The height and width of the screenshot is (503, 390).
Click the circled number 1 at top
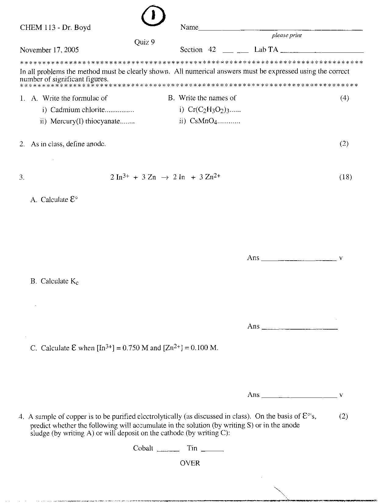[153, 16]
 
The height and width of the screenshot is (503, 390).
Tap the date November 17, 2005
[49, 50]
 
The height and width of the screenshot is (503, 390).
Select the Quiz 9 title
[144, 42]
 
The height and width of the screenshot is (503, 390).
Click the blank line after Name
[280, 29]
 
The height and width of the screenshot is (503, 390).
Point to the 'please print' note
[287, 35]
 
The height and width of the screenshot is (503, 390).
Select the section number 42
[212, 49]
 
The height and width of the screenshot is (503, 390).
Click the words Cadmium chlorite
[77, 110]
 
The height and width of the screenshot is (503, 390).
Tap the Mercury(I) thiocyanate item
[85, 121]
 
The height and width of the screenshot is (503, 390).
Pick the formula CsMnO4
[203, 121]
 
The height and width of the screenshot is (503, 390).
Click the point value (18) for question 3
[346, 177]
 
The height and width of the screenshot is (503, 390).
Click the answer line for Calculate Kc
[300, 328]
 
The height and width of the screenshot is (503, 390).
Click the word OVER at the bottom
[190, 463]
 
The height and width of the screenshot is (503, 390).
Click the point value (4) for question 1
[345, 98]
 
